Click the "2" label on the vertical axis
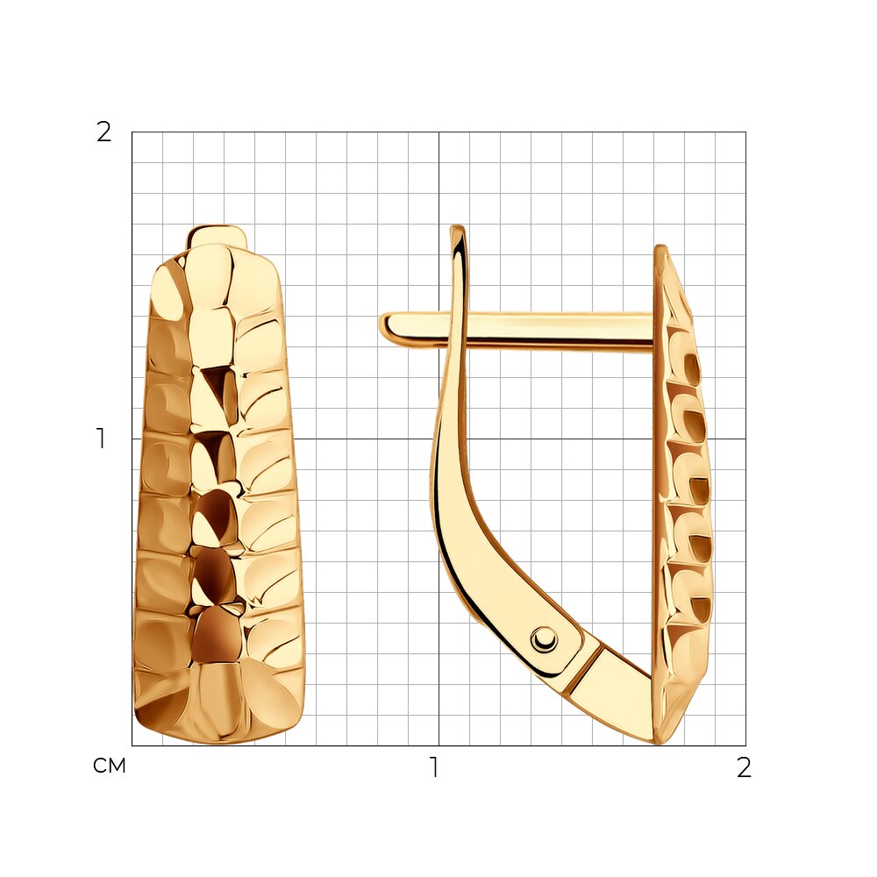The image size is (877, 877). [104, 132]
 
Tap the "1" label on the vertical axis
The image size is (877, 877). [101, 438]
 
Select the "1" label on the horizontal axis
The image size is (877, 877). [434, 767]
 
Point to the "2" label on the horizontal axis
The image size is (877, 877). [744, 767]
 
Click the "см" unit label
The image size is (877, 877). [110, 766]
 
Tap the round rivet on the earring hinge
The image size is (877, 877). [544, 638]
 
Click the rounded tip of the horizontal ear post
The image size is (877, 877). [384, 327]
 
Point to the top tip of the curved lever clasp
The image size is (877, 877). [458, 228]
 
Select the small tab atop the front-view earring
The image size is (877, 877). [217, 237]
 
